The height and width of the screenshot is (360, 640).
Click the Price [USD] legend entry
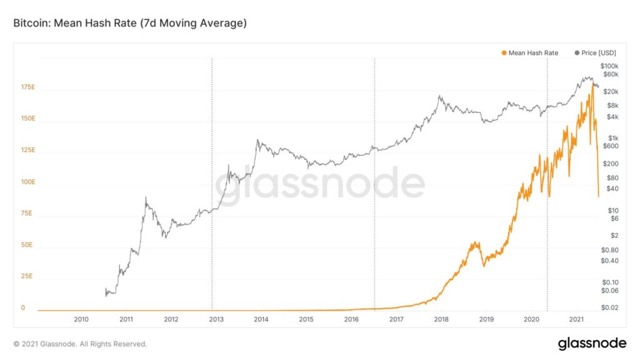click(x=595, y=53)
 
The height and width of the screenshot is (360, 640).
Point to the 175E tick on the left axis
click(x=27, y=87)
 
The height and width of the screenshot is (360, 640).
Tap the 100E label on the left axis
click(x=27, y=182)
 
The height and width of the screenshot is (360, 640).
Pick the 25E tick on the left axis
click(x=27, y=276)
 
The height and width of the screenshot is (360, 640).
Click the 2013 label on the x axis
click(x=216, y=319)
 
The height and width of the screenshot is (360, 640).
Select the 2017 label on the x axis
click(x=396, y=319)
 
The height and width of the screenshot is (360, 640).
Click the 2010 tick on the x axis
click(x=81, y=319)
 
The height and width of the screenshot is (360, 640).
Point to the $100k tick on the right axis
click(x=609, y=66)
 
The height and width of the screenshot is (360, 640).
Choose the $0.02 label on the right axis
click(x=609, y=307)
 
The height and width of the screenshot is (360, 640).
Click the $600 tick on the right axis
click(x=609, y=146)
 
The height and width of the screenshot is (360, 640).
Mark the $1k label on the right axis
click(x=611, y=138)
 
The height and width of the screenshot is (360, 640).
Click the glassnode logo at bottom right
click(x=592, y=343)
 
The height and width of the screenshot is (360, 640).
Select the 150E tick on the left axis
click(x=27, y=119)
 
